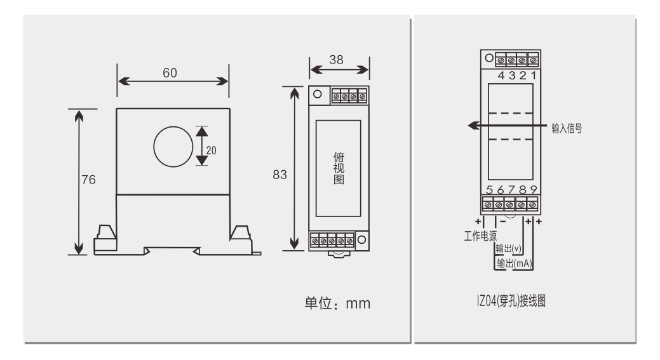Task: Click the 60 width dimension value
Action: pyautogui.click(x=170, y=72)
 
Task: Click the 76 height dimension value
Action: pyautogui.click(x=88, y=180)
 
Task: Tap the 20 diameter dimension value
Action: pyautogui.click(x=211, y=150)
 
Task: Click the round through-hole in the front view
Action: pyautogui.click(x=172, y=145)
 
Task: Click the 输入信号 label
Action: pyautogui.click(x=567, y=128)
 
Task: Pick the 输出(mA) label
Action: pyautogui.click(x=511, y=263)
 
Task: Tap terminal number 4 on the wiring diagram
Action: pyautogui.click(x=501, y=76)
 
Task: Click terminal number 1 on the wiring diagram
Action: pyautogui.click(x=534, y=76)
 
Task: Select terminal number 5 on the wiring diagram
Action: pyautogui.click(x=489, y=190)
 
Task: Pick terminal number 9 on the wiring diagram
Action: pyautogui.click(x=534, y=190)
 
